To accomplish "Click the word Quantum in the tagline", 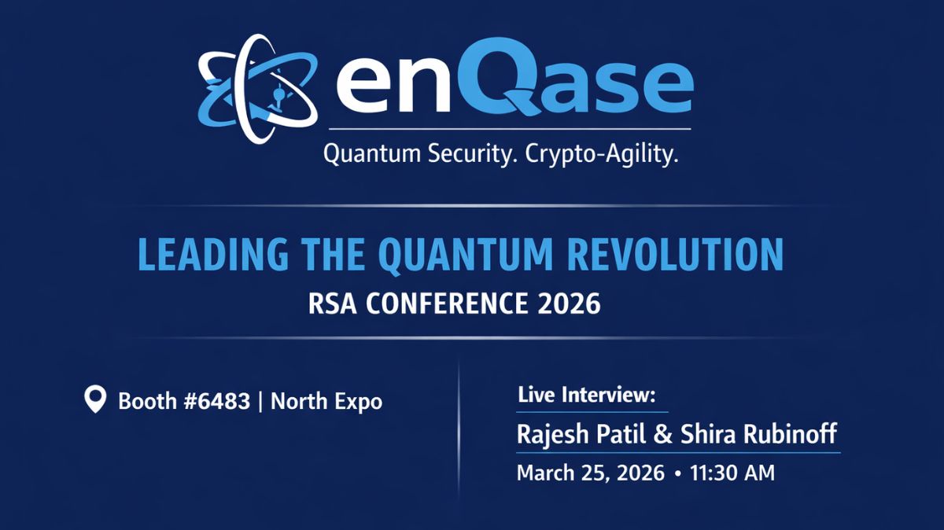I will point(369,155).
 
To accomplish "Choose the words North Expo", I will point(326,402).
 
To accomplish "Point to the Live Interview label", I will point(586,396).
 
